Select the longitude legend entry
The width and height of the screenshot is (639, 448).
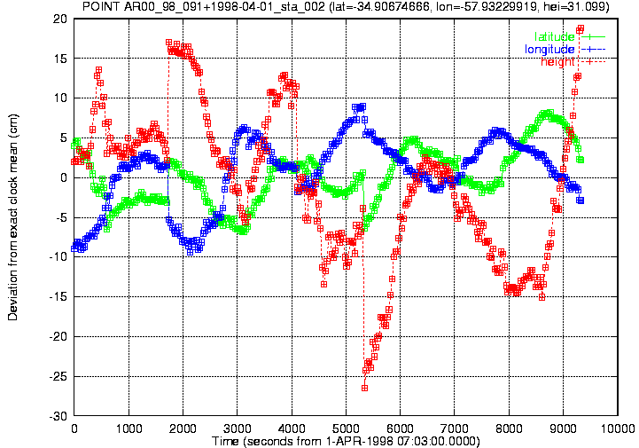(x=565, y=50)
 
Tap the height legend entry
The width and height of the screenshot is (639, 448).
(x=573, y=61)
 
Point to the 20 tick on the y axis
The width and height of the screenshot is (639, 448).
(x=60, y=19)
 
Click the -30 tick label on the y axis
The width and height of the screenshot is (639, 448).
(x=58, y=416)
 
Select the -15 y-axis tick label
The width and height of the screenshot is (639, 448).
(x=58, y=296)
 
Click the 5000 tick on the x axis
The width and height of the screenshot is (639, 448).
(x=346, y=428)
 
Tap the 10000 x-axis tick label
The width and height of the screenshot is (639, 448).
(x=618, y=428)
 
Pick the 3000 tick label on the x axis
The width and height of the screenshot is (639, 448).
(x=238, y=428)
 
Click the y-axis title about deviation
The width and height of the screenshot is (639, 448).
(x=13, y=217)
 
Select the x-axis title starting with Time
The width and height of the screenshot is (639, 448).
(x=346, y=441)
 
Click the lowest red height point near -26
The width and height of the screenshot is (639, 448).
(x=364, y=388)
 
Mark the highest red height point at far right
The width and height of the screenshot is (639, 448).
(x=581, y=28)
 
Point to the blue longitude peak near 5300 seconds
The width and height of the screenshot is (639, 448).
(x=362, y=106)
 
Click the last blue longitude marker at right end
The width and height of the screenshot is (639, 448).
(x=581, y=200)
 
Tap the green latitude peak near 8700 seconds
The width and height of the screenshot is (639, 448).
(x=549, y=112)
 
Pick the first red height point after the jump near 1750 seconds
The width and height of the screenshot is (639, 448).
(x=168, y=43)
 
